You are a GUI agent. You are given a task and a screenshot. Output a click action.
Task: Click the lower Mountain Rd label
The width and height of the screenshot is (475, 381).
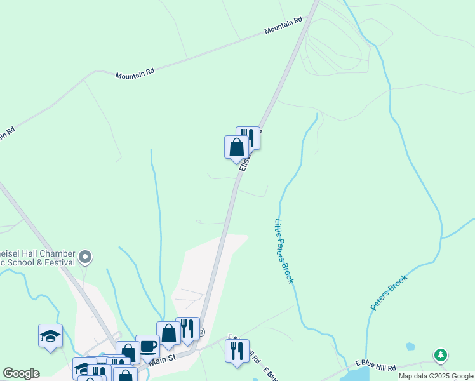click(135, 74)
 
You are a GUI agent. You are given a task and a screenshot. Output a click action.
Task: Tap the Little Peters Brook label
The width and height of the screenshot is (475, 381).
click(283, 251)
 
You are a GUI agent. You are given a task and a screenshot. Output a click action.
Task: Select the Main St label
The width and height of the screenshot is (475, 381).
click(163, 360)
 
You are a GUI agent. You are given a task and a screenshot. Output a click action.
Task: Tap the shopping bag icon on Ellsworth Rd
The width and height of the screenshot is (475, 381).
click(236, 147)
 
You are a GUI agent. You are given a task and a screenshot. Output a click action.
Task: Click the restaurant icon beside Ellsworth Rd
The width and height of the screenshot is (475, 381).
click(248, 138)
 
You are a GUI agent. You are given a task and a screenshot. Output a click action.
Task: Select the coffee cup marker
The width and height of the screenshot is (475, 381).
click(148, 346)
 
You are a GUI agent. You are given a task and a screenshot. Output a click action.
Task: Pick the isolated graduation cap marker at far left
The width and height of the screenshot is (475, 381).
click(50, 336)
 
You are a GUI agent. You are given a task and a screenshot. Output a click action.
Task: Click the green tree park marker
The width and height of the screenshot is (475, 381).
click(441, 355)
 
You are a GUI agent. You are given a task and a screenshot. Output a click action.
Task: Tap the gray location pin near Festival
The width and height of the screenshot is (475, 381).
click(86, 257)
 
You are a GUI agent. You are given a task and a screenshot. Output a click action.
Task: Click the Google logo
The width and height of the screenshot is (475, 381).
click(21, 373)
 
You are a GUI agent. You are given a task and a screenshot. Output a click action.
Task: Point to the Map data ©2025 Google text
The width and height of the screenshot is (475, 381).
click(435, 376)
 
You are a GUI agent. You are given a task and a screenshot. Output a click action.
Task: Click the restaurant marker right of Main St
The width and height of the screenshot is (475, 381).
click(237, 351)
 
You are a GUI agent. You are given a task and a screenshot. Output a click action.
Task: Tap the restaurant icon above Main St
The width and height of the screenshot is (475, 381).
click(187, 328)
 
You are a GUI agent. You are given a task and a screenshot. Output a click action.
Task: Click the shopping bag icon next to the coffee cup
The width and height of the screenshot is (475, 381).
click(169, 333)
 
